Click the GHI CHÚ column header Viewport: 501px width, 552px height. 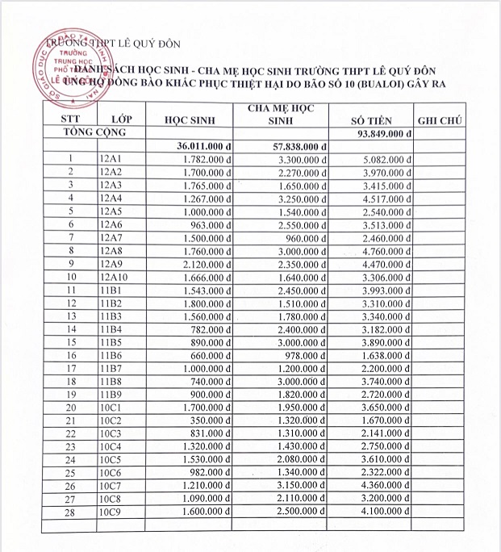[439, 119]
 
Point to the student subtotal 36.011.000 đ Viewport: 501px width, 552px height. [204, 146]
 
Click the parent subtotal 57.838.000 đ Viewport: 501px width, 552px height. [298, 146]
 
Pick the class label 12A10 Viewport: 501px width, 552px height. [114, 276]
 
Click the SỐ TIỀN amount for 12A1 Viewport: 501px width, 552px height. [383, 158]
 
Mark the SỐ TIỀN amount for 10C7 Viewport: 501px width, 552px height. [383, 485]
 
